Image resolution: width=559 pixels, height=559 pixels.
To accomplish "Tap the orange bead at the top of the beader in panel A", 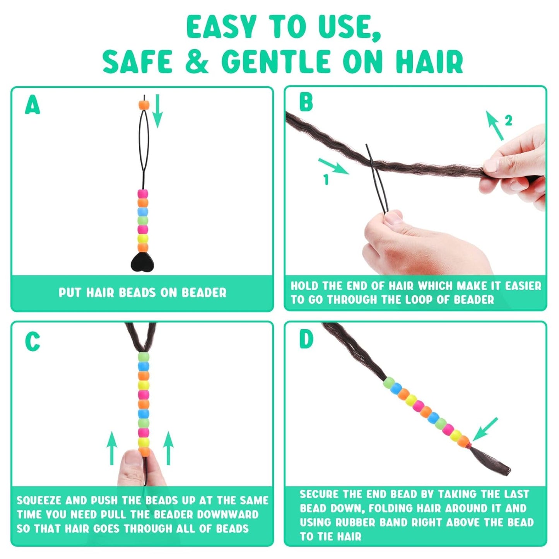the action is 144,105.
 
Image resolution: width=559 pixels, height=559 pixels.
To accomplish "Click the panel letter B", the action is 306,102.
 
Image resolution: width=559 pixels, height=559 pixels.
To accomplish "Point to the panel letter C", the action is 32,342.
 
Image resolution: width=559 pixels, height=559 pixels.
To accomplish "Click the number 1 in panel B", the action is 326,179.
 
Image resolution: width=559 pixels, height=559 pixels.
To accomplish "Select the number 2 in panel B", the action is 508,121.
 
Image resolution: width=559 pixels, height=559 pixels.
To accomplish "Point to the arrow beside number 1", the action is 333,166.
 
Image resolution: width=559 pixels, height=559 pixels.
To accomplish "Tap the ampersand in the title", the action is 197,62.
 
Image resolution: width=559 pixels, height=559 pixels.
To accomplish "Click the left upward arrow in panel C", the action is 112,448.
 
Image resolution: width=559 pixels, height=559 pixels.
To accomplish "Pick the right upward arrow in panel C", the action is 168,448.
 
